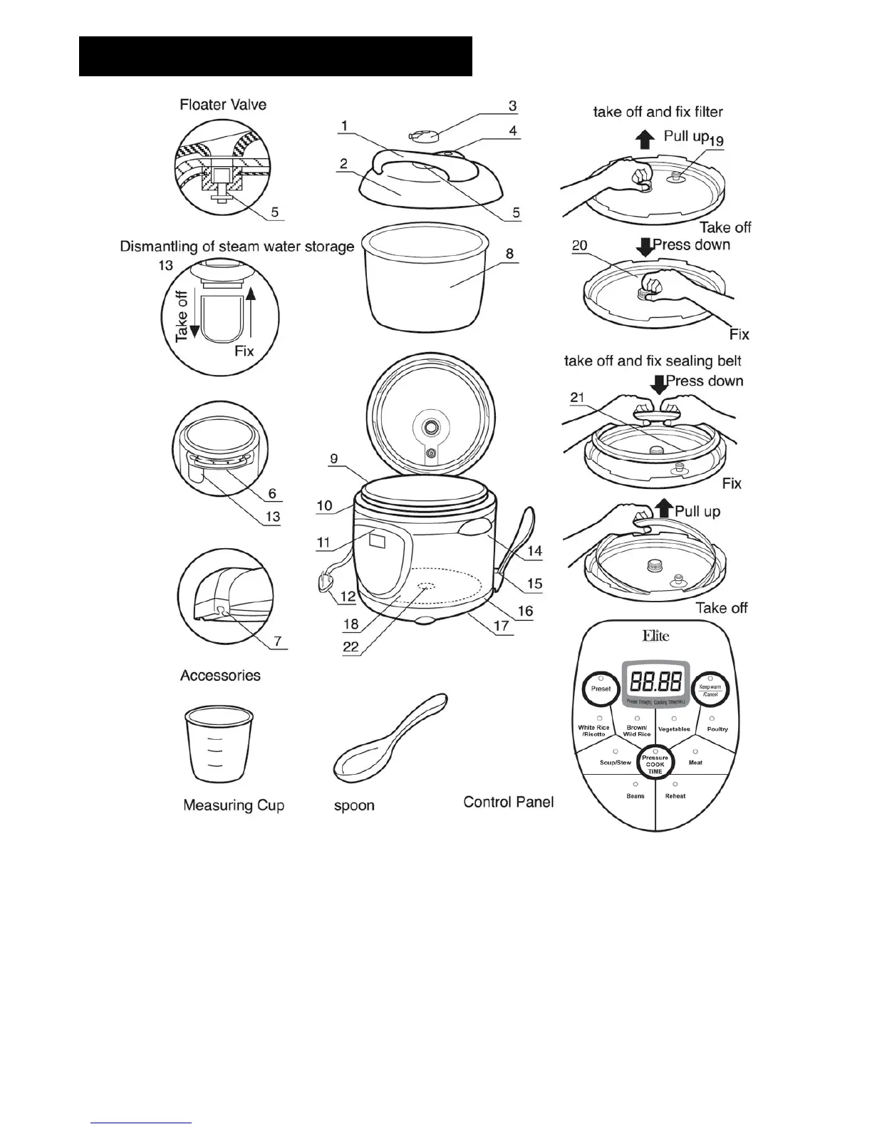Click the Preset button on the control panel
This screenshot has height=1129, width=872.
[x=601, y=689]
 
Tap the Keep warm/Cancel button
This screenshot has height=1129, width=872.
[x=710, y=690]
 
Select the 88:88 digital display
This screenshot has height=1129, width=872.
[x=655, y=682]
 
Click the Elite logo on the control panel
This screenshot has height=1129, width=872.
[x=655, y=636]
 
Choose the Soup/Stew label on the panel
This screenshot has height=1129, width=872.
[x=615, y=763]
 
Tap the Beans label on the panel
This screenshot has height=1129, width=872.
[x=635, y=796]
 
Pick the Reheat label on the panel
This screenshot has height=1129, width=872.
[x=675, y=796]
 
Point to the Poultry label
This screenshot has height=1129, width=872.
[x=717, y=729]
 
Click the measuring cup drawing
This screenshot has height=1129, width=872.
[x=219, y=744]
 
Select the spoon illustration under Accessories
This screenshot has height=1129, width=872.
[x=389, y=738]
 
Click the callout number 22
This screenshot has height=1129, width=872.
[x=351, y=646]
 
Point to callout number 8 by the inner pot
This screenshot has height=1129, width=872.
[x=509, y=254]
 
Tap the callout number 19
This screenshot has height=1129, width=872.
[x=715, y=141]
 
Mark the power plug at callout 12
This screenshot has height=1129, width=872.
[x=325, y=584]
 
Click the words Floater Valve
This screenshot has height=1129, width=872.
[x=223, y=105]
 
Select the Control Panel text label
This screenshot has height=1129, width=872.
[x=508, y=802]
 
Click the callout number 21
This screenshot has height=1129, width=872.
[x=578, y=398]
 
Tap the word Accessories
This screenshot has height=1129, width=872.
[x=220, y=675]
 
